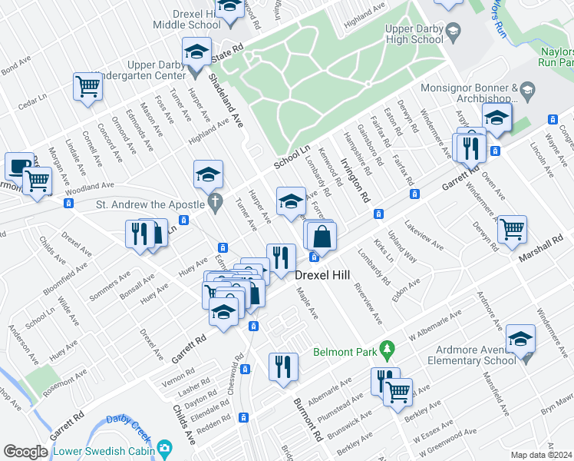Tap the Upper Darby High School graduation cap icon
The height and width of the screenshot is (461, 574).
tap(453, 32)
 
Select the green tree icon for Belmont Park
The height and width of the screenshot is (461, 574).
tap(388, 350)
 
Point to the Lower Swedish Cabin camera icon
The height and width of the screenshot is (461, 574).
tap(163, 448)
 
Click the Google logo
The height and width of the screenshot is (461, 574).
tap(25, 452)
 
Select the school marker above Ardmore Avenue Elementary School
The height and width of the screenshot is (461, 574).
tap(520, 338)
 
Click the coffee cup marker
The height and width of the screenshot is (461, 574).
tap(19, 165)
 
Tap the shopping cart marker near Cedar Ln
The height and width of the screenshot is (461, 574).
tap(87, 87)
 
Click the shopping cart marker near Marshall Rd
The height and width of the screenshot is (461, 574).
tap(512, 227)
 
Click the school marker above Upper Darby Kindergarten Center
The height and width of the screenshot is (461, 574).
tap(196, 52)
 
